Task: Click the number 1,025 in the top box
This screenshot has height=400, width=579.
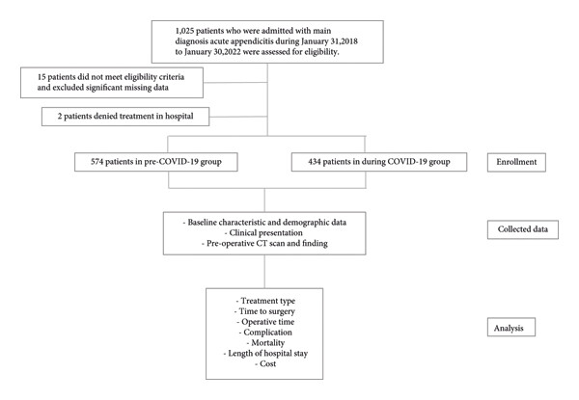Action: tap(184, 31)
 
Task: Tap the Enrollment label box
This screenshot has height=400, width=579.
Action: tap(516, 162)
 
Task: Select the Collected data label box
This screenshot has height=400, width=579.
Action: tap(522, 229)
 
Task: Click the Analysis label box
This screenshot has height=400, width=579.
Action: tap(511, 328)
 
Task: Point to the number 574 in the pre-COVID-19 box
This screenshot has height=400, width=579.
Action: tap(96, 162)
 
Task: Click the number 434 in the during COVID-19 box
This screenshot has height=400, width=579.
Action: tap(315, 162)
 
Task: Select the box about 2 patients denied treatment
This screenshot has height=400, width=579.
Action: tap(125, 117)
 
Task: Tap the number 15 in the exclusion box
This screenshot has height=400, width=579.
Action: tap(41, 77)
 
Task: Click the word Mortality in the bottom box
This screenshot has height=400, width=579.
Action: tap(267, 343)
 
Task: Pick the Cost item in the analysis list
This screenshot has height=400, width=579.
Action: tap(265, 364)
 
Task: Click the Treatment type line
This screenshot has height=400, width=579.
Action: tap(266, 301)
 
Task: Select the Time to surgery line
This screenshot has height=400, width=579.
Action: tap(264, 311)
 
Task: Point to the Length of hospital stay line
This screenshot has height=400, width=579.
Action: tap(265, 353)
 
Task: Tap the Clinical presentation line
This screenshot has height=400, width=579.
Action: tap(263, 233)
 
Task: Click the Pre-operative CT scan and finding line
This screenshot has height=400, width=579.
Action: tap(264, 243)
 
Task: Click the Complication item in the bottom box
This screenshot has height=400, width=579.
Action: tap(265, 333)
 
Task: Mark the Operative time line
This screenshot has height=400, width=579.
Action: tap(266, 322)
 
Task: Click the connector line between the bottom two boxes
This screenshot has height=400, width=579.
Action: tap(264, 272)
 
